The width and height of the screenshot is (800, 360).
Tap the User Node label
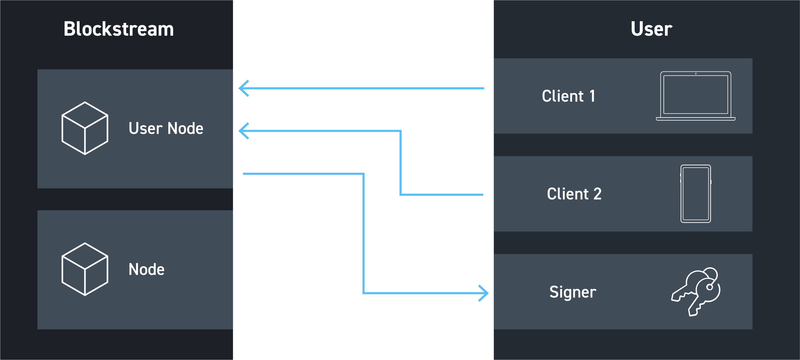tap(166, 128)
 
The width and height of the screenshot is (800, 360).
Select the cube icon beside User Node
tap(85, 128)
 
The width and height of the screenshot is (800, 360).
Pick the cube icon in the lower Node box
tap(85, 269)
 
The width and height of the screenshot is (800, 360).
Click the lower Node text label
tap(146, 269)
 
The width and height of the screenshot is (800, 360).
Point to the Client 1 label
tap(569, 96)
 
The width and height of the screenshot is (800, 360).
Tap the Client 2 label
tap(574, 194)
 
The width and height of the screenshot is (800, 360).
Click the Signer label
tap(573, 292)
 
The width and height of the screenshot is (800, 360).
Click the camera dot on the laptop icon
tap(696, 74)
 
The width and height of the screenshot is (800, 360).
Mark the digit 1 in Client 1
tap(592, 96)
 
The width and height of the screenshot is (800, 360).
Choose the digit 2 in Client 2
tap(598, 194)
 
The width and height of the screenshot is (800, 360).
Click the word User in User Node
tap(145, 128)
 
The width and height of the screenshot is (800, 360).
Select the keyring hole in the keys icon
tap(710, 287)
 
